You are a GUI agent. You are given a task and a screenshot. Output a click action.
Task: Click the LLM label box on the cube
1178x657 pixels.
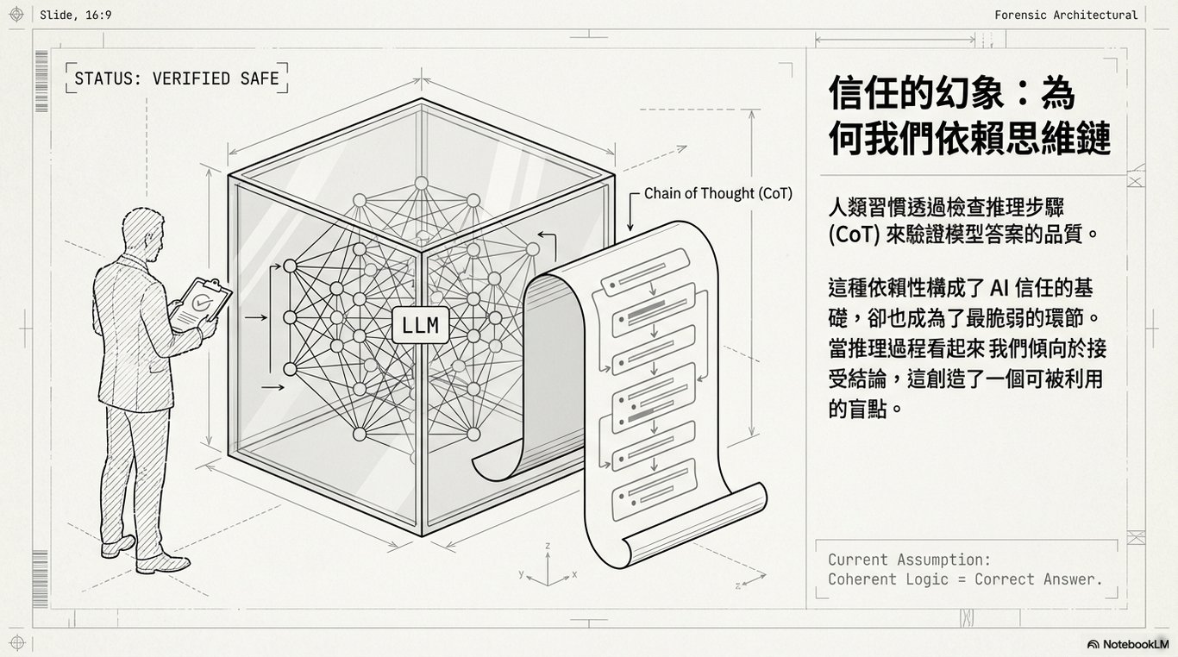pos(420,325)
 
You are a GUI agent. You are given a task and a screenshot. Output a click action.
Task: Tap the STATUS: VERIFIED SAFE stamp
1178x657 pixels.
pos(177,78)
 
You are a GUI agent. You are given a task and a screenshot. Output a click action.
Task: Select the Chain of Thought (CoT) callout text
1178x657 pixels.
pos(717,194)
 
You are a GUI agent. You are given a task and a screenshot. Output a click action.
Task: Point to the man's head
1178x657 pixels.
pos(142,230)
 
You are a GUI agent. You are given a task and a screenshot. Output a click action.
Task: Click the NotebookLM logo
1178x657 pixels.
pos(1127,643)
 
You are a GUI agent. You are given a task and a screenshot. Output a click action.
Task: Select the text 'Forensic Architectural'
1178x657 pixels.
pos(1066,15)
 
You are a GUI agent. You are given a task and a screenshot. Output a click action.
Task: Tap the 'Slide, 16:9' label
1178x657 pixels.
pos(76,15)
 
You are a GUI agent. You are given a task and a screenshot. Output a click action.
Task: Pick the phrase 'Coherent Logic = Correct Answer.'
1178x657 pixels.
pos(965,579)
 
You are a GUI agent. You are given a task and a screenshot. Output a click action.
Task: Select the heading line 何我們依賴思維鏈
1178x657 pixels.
pos(969,138)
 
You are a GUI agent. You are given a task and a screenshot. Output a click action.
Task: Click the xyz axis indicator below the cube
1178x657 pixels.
pos(548,570)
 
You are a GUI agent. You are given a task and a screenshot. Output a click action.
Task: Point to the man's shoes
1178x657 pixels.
pos(147,554)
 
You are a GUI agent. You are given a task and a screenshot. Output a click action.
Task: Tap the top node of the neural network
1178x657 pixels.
pos(421,183)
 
